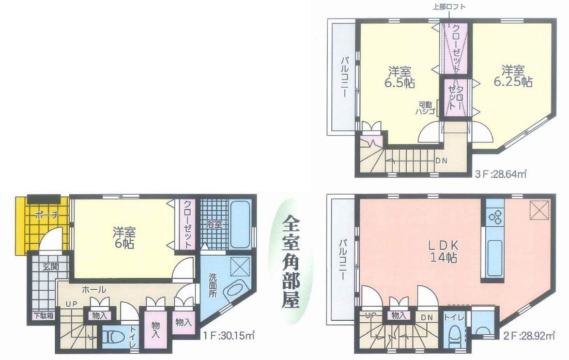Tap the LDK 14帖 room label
click(x=443, y=251)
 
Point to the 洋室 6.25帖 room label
click(x=513, y=75)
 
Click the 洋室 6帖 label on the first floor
click(x=124, y=237)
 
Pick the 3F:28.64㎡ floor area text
click(x=501, y=174)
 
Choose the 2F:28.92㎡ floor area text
click(x=529, y=335)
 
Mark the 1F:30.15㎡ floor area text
click(x=228, y=335)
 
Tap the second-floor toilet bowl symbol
click(x=454, y=337)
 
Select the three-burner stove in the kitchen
click(x=495, y=217)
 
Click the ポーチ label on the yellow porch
click(x=47, y=215)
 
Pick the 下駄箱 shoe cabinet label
click(x=44, y=316)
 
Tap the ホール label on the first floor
click(x=94, y=290)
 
